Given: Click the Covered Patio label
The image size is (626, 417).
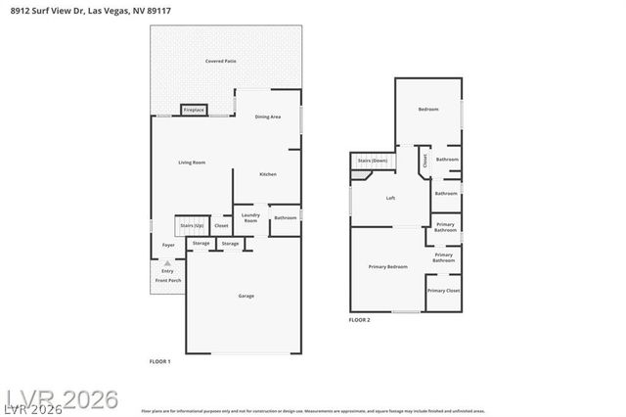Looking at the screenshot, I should click(x=220, y=61).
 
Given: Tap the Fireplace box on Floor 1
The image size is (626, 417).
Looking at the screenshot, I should click(x=194, y=111).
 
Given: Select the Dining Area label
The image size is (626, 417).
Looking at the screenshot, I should click(x=268, y=117).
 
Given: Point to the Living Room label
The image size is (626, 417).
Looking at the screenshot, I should click(x=191, y=162).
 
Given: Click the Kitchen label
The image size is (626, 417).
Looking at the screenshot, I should click(x=267, y=174).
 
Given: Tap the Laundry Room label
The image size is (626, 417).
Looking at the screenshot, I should click(x=249, y=219).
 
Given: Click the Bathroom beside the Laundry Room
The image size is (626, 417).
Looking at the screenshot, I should click(x=285, y=218).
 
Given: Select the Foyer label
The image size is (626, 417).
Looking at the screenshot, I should click(x=167, y=245).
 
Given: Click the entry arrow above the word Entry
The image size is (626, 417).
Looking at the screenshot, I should click(x=167, y=263).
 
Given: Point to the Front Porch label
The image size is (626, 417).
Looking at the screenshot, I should click(x=167, y=281).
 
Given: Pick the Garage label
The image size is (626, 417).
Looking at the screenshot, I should click(x=246, y=296).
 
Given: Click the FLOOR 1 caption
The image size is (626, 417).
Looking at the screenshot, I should click(x=159, y=362).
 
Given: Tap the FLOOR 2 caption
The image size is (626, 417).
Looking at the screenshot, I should click(x=360, y=320).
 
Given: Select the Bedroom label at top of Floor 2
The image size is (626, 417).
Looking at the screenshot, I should click(x=428, y=109).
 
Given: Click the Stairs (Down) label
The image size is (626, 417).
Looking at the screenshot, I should click(x=372, y=160).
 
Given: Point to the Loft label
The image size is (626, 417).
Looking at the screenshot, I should click(x=390, y=198).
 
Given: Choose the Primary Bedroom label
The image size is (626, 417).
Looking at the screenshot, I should click(x=387, y=266).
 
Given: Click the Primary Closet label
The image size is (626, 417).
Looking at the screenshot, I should click(x=443, y=291).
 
